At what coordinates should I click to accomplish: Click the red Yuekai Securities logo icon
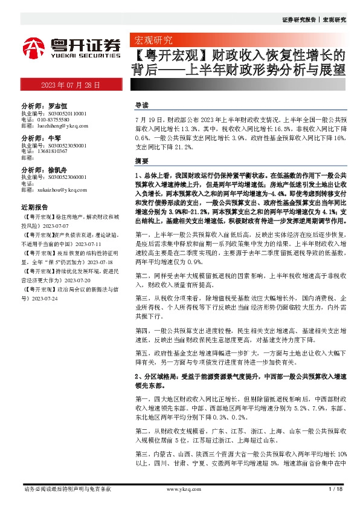[34, 47]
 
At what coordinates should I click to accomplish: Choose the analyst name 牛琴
[54, 138]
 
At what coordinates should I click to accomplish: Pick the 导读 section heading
[143, 105]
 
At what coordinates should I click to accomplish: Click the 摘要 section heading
[143, 162]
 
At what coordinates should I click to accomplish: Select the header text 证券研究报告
[299, 20]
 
